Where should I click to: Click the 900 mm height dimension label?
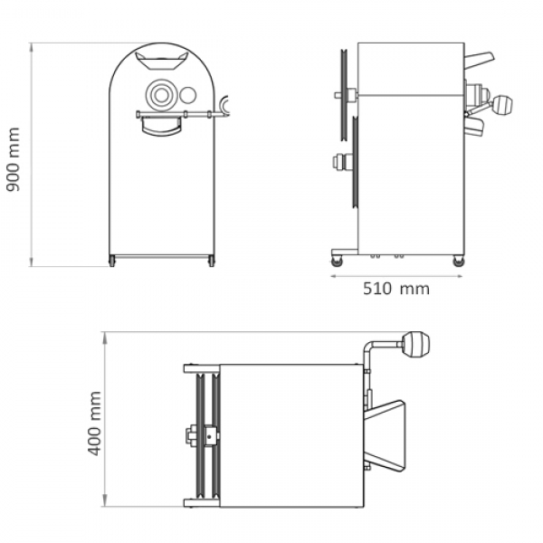point(14,159)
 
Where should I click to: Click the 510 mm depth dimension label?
point(396,289)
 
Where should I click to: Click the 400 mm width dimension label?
point(94,424)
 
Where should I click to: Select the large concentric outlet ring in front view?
point(161,95)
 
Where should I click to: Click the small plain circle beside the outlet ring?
point(188,94)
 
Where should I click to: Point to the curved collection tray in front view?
point(161,126)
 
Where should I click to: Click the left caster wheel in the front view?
point(112,261)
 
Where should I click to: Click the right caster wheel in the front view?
point(211,261)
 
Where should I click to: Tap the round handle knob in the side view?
point(502,105)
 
